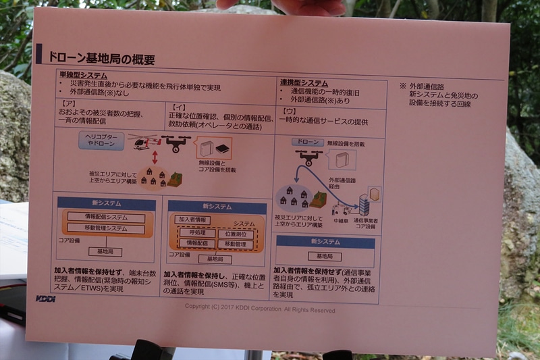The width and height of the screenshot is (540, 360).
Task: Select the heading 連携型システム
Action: tap(304, 82)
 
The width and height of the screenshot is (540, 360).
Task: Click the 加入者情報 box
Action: tap(193, 220)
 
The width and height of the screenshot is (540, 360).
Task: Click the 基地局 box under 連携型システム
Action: tap(325, 256)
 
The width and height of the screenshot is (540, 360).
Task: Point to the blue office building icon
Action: tap(364, 204)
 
